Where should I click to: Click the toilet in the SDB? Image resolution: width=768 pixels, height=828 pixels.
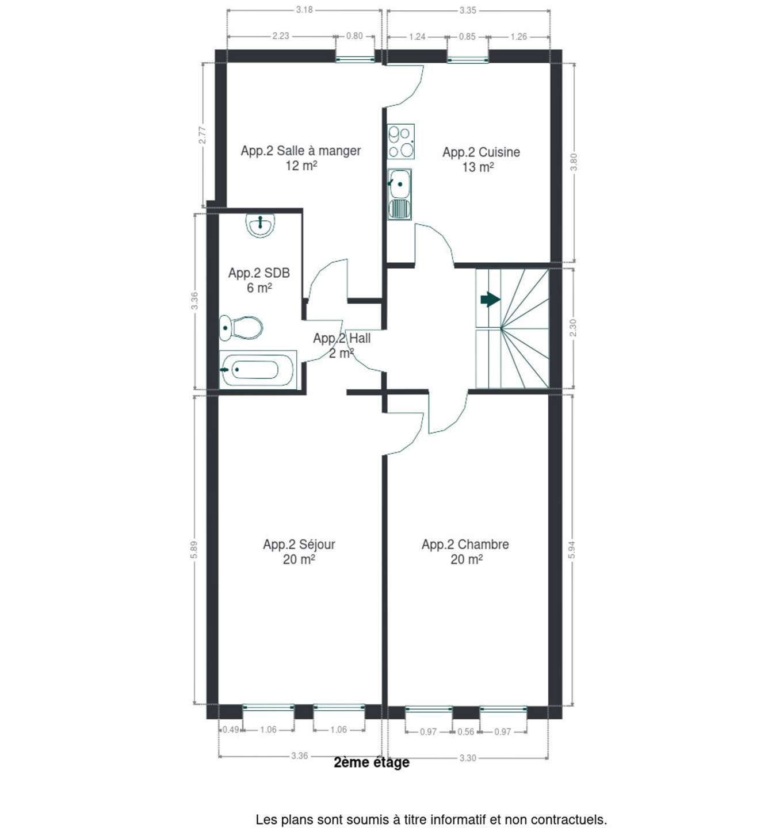click(240, 328)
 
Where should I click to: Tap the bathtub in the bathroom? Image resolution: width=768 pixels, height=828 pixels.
click(258, 370)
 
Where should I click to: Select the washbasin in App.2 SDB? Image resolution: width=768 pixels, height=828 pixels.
click(260, 225)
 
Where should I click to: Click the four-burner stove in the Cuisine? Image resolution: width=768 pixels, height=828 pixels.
click(400, 141)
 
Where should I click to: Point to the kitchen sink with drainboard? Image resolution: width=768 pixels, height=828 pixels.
click(400, 194)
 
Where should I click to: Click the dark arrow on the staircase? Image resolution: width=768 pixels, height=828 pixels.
click(491, 300)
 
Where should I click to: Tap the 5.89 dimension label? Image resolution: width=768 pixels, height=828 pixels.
click(194, 549)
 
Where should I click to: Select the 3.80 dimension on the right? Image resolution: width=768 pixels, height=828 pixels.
click(574, 162)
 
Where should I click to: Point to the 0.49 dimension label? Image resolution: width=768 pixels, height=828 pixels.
click(231, 730)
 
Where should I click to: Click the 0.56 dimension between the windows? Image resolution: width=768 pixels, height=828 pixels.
click(466, 732)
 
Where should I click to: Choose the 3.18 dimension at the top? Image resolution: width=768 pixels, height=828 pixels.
click(304, 10)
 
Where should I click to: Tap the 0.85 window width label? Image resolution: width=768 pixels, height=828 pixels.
click(467, 37)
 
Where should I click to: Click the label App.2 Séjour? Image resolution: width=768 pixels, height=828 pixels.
click(299, 544)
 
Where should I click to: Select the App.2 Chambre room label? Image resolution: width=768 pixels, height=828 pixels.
click(465, 544)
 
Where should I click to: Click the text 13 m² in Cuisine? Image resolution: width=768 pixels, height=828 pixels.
click(478, 167)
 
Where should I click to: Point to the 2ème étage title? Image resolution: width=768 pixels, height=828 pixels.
click(372, 762)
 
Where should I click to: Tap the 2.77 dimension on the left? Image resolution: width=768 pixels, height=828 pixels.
click(202, 135)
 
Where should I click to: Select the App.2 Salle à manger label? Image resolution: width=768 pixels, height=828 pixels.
click(301, 151)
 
